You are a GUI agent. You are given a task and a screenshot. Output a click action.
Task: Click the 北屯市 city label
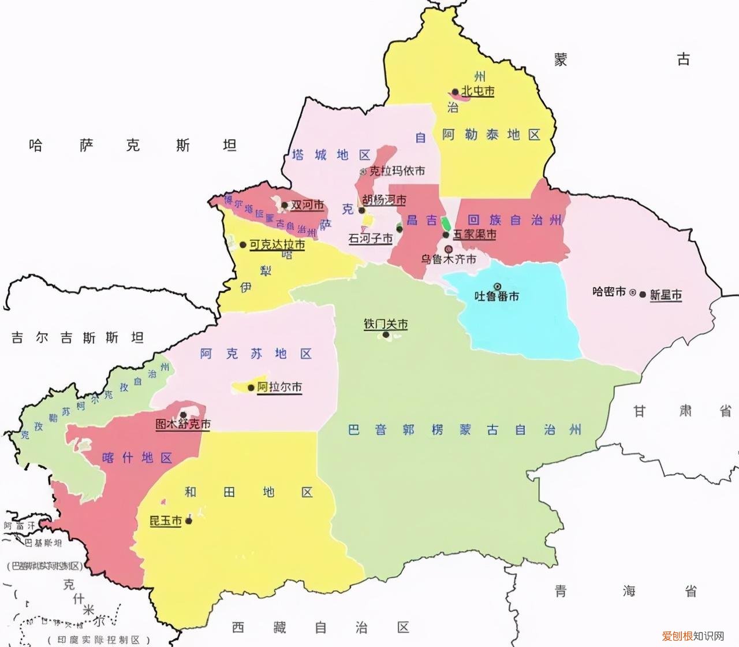477,91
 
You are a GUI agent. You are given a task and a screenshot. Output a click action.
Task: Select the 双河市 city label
307,205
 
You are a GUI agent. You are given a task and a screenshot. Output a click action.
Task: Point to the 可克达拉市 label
277,245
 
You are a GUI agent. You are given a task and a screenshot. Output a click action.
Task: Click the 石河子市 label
370,238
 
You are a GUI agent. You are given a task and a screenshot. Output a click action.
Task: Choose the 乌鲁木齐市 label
449,259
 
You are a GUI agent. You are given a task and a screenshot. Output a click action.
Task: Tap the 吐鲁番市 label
497,296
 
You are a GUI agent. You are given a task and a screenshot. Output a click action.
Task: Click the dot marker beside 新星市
643,294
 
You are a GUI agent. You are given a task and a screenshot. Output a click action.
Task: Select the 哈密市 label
609,292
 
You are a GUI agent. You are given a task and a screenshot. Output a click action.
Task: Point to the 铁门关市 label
386,324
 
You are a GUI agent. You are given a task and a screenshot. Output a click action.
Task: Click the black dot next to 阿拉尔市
251,388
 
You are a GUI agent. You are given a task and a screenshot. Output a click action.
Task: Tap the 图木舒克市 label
183,424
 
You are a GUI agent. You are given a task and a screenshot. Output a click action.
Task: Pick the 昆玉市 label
166,521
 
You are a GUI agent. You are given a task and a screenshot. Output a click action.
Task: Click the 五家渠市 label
475,235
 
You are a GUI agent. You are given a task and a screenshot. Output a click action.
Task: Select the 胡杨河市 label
385,200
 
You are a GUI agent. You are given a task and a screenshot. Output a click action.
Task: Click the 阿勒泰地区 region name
491,135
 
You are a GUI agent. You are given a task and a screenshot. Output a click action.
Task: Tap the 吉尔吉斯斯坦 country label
77,337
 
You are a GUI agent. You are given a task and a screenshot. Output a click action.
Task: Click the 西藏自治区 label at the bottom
320,627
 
